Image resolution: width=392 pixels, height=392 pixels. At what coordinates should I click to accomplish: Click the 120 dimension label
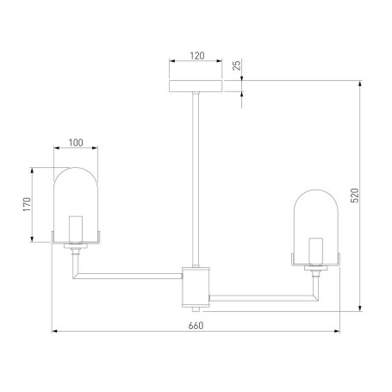click(197, 55)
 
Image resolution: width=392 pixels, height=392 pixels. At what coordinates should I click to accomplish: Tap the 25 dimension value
click(237, 65)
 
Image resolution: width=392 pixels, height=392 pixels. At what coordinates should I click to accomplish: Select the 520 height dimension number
click(355, 196)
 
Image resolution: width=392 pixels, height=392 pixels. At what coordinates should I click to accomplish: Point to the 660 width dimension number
click(196, 326)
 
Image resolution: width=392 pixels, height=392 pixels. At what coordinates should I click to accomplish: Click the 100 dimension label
click(76, 143)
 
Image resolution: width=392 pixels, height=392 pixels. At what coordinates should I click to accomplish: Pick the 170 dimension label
click(27, 204)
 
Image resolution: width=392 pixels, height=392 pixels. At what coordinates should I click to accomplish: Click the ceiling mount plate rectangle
click(196, 86)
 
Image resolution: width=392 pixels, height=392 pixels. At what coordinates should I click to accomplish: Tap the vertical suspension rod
click(196, 179)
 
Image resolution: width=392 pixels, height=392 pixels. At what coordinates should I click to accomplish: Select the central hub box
click(196, 287)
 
